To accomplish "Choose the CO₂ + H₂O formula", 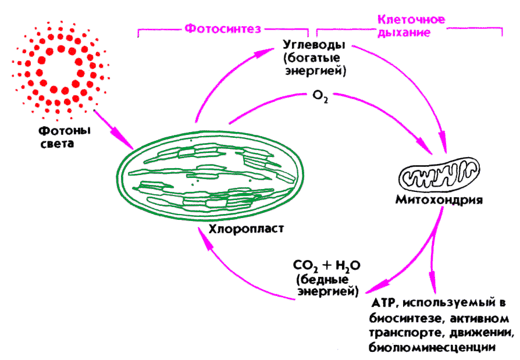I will [x=327, y=266].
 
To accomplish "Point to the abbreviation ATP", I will [x=382, y=304].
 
